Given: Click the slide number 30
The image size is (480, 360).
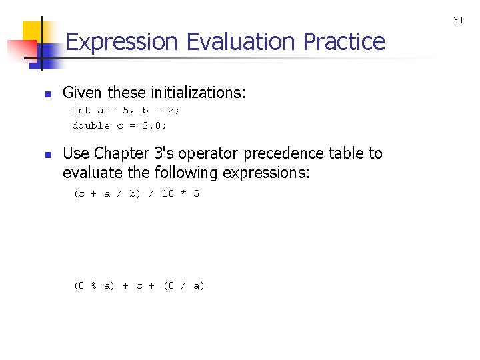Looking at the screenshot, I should pos(458,21).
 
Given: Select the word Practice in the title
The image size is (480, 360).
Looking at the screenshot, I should pos(344,43).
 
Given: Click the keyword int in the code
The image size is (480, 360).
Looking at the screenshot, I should pos(81,111).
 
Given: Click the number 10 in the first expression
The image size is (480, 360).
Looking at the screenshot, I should pos(167,194).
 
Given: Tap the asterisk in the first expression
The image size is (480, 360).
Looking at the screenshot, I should pos(183,194).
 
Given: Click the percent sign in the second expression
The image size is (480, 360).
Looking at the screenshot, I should pos(94,286).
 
